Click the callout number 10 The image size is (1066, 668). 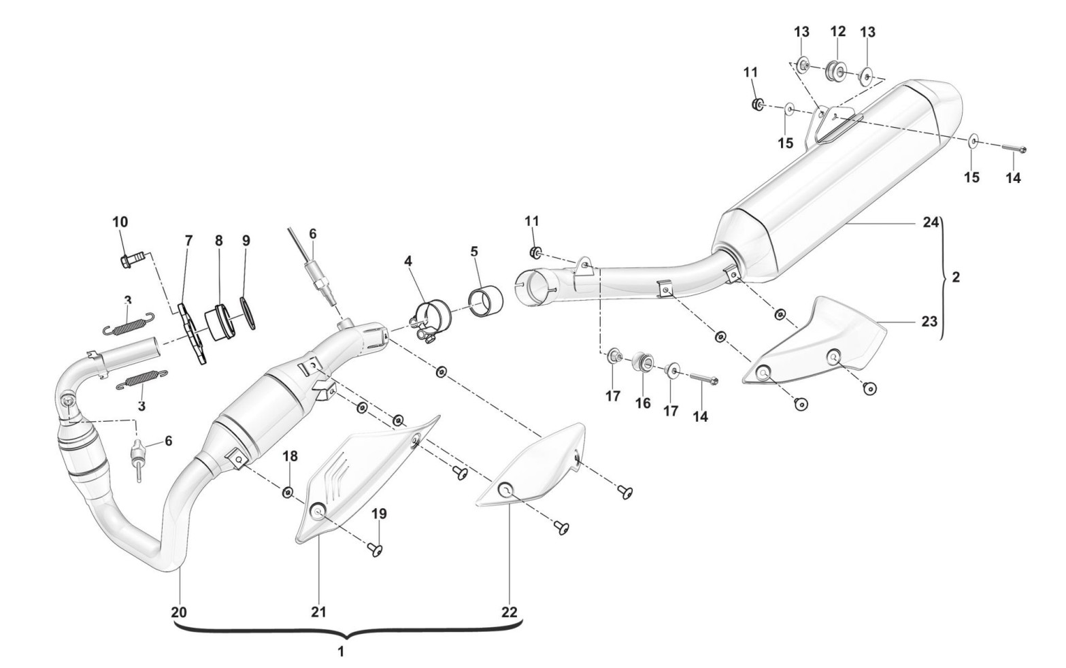[x=120, y=222]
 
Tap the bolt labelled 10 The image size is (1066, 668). [x=131, y=259]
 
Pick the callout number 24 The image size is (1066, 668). [x=930, y=222]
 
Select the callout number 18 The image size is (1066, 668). [x=290, y=455]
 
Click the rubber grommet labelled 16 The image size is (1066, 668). [x=642, y=362]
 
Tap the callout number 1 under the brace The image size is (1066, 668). [x=341, y=651]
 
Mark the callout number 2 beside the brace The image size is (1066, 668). [x=956, y=278]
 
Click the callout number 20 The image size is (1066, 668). [x=178, y=612]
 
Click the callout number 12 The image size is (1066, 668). [x=837, y=31]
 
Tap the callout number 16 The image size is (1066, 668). [x=643, y=404]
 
